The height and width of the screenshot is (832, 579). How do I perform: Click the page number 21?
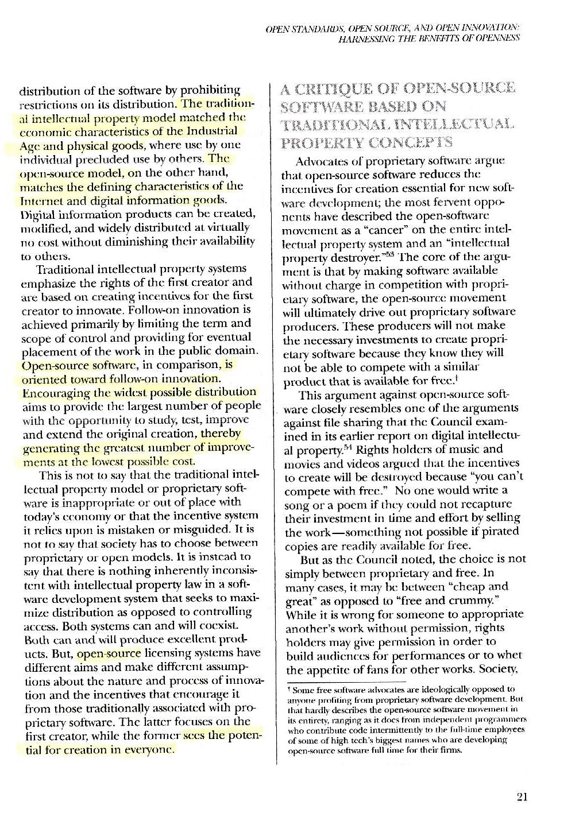coord(522,796)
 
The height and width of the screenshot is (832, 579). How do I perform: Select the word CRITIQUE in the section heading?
coord(339,90)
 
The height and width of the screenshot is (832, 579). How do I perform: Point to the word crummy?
coord(478,600)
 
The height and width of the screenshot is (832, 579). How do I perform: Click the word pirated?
coord(501,532)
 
